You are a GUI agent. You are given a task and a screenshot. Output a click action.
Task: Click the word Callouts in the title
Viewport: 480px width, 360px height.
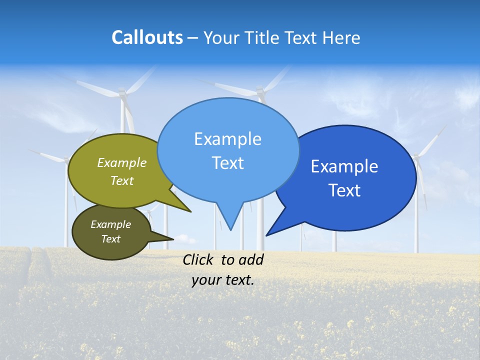click(x=147, y=37)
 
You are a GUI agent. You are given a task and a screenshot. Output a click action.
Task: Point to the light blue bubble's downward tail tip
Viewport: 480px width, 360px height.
click(x=230, y=229)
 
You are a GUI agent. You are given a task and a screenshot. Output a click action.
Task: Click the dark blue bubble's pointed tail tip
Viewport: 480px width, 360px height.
click(x=266, y=235)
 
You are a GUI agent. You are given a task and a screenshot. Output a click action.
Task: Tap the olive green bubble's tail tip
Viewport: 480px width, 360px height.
click(x=190, y=211)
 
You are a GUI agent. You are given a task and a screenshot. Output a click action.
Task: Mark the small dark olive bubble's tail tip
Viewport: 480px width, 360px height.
click(x=173, y=239)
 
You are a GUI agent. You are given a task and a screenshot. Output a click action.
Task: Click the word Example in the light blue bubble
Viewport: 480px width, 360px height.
click(x=227, y=139)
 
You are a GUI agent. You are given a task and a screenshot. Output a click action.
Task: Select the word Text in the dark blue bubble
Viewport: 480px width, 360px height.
click(x=345, y=190)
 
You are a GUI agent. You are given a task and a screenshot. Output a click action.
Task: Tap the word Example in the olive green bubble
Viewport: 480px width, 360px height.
click(x=122, y=162)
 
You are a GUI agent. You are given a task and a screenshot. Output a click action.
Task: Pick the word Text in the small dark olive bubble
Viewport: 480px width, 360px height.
click(x=111, y=239)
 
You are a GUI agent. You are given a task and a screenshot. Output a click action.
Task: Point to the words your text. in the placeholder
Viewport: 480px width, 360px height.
click(x=223, y=280)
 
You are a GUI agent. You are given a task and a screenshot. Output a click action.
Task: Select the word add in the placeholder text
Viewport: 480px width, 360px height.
click(x=250, y=259)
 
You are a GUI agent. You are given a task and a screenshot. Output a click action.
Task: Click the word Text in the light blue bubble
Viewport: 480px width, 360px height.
click(x=228, y=163)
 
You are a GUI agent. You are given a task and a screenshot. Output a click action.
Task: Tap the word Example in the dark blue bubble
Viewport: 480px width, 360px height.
click(x=344, y=166)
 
